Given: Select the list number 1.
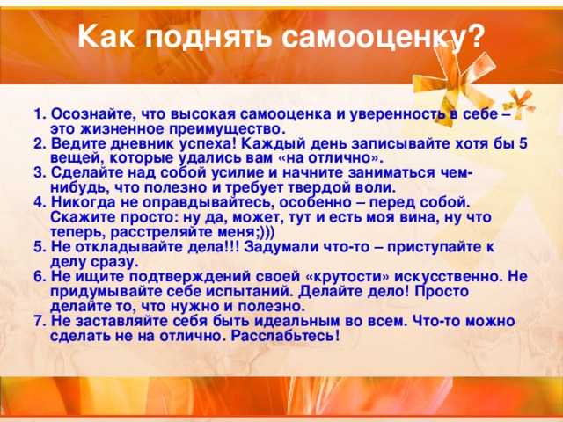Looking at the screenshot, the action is tap(39, 114).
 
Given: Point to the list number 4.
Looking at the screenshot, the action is tap(40, 202).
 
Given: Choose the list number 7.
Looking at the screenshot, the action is tap(40, 321).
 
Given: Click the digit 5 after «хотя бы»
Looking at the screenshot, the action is tap(523, 143).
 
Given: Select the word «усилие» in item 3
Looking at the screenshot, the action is tap(237, 173).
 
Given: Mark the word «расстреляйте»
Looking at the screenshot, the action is tap(162, 232).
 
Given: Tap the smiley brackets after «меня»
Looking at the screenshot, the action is tap(266, 232).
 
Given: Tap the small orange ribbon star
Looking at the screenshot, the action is tap(519, 102).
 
